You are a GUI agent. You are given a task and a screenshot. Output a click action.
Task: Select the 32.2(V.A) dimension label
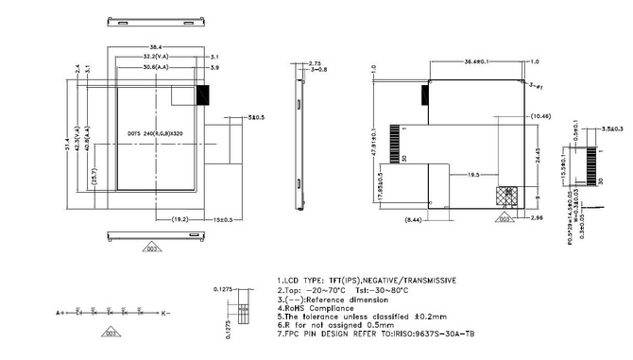click(155, 57)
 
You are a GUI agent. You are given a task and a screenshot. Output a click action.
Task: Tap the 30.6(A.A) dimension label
click(155, 68)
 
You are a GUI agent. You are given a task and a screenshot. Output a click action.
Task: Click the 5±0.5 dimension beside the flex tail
click(255, 118)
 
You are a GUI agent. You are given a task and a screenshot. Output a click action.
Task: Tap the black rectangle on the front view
click(201, 94)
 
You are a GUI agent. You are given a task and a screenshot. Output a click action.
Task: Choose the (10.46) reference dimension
click(540, 115)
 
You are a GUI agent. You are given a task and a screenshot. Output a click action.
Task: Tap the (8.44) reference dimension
click(415, 218)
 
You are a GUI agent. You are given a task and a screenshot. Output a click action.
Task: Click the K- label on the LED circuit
click(163, 311)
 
